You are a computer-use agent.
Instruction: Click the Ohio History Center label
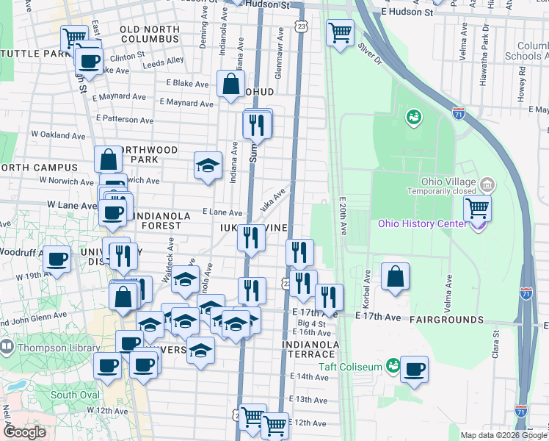click(421, 223)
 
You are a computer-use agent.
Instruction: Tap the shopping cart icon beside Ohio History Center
click(477, 209)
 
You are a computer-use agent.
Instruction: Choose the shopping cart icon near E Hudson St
click(340, 32)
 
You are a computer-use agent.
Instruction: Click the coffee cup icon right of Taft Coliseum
click(415, 369)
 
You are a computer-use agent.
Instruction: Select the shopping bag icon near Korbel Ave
click(395, 276)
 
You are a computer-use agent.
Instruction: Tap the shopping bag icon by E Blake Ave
click(231, 83)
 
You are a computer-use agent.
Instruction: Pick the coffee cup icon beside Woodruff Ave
click(57, 258)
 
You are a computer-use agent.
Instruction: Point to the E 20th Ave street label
click(342, 216)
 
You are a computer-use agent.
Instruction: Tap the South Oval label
click(75, 395)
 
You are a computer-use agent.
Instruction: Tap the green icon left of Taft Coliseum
click(393, 365)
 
